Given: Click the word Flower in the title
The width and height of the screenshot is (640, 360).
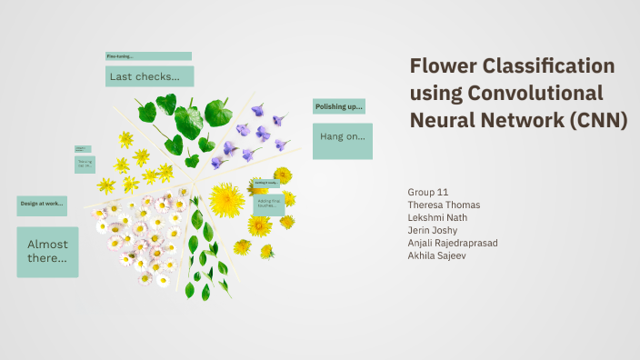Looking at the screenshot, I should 439,66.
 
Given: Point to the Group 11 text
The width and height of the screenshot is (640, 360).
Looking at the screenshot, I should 429,193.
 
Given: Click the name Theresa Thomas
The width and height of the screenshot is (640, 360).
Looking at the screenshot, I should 445,205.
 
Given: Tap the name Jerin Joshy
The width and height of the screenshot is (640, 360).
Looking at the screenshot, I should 434,230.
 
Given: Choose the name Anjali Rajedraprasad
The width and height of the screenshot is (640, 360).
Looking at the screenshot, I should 454,243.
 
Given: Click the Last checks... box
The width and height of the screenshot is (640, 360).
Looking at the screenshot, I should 149,76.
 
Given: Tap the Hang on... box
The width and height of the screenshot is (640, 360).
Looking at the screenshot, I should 342,137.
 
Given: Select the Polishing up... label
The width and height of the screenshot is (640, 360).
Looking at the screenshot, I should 338,106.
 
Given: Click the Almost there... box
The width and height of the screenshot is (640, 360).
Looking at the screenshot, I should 47,251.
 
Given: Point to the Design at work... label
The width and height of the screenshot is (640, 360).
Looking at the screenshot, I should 42,204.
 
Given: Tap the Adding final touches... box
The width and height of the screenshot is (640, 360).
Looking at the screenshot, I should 269,204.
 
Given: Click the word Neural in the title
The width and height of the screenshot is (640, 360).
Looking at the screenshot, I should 441,120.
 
